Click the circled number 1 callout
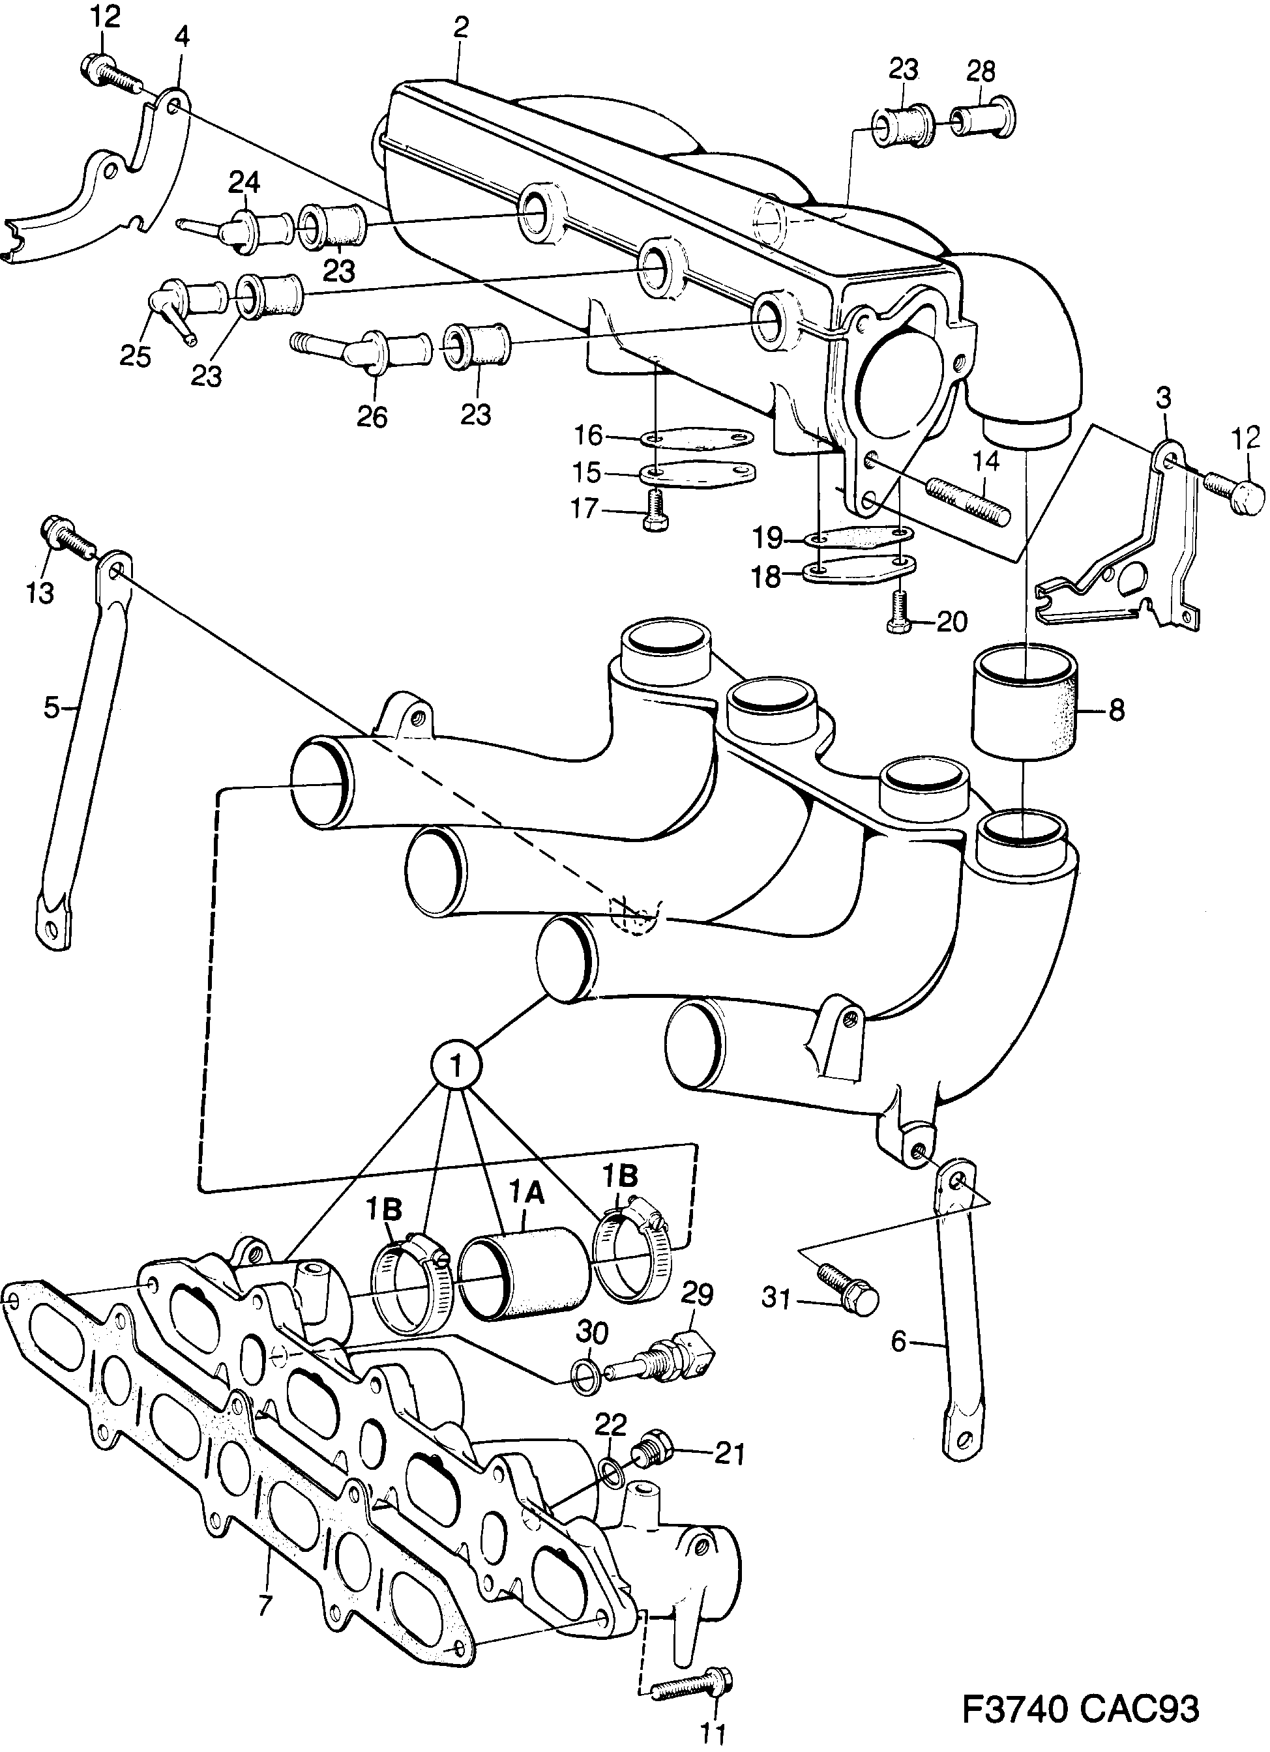pos(456,1066)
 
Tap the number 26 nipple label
pos(372,416)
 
